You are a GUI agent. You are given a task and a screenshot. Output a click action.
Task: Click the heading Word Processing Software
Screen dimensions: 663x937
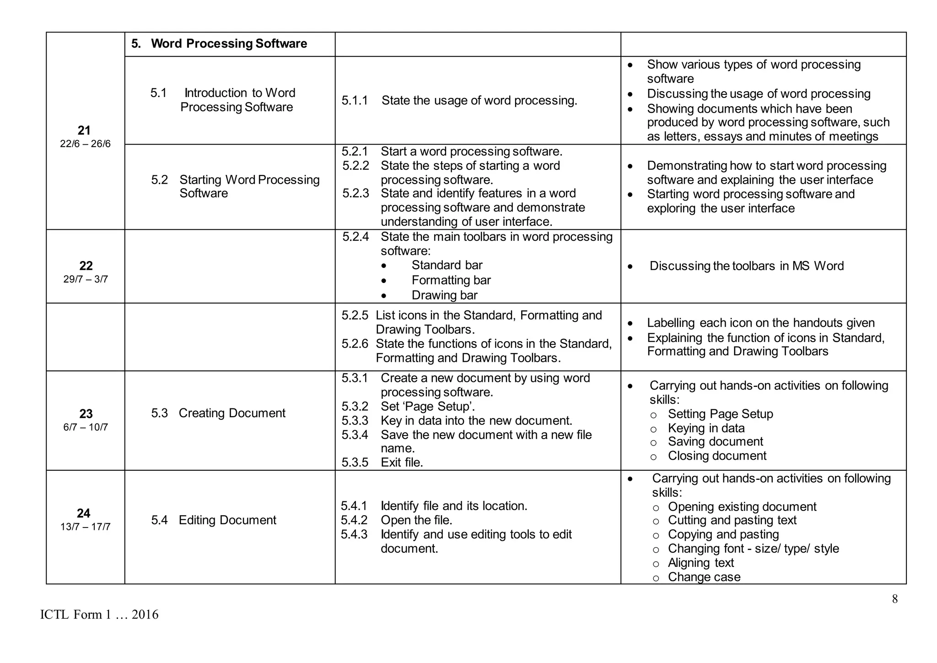pyautogui.click(x=229, y=43)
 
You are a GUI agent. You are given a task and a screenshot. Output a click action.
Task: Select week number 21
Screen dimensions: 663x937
pyautogui.click(x=84, y=130)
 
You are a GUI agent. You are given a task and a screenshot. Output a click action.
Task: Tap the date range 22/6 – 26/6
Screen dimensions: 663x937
pyautogui.click(x=85, y=144)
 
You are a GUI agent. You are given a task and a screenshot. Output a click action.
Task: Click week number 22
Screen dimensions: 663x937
pyautogui.click(x=86, y=266)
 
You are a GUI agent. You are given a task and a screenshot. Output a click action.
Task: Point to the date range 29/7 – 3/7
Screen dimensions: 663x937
pyautogui.click(x=86, y=279)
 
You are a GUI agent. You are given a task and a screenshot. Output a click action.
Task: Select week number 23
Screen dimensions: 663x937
pyautogui.click(x=86, y=413)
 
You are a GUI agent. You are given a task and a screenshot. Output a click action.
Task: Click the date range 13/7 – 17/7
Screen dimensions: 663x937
pyautogui.click(x=85, y=527)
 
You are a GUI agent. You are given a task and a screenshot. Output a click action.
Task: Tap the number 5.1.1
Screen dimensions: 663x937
pyautogui.click(x=355, y=101)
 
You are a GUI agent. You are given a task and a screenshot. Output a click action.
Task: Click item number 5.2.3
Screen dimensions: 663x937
pyautogui.click(x=355, y=193)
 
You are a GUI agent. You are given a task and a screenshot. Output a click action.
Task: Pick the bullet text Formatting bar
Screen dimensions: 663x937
pyautogui.click(x=451, y=280)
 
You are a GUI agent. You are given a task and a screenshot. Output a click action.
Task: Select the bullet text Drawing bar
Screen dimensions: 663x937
pyautogui.click(x=444, y=295)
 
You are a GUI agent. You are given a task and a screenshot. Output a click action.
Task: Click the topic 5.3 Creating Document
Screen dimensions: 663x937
pyautogui.click(x=218, y=413)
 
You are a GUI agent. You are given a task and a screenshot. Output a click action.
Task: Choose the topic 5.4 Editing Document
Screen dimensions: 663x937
pyautogui.click(x=214, y=520)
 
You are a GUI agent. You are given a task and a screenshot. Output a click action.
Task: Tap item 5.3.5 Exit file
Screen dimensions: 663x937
pyautogui.click(x=382, y=462)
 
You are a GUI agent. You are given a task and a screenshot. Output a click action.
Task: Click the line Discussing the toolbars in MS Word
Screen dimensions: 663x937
pyautogui.click(x=746, y=266)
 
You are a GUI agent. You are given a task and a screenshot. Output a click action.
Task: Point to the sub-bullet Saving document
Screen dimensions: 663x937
pyautogui.click(x=715, y=442)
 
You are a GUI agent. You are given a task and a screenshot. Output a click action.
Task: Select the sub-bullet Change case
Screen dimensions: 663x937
pyautogui.click(x=704, y=577)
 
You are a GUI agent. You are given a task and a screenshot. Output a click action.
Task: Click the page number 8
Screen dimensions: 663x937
pyautogui.click(x=894, y=599)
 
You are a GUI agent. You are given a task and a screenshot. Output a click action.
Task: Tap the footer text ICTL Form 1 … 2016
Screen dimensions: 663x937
pyautogui.click(x=99, y=614)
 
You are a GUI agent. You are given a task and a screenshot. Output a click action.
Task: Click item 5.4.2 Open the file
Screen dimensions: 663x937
pyautogui.click(x=396, y=520)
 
